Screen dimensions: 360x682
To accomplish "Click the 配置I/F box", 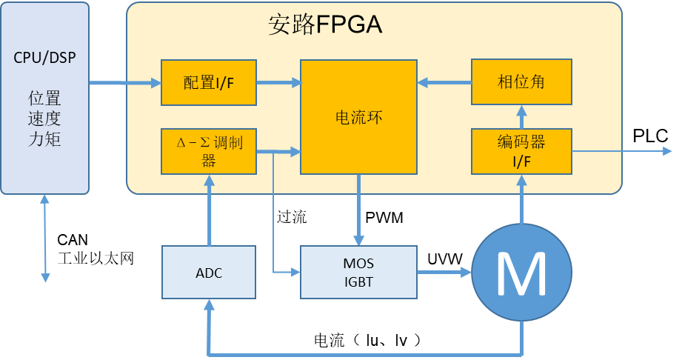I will tap(209, 81).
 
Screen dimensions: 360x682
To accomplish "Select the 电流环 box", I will tap(358, 116).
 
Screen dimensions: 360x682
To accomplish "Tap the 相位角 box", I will tap(521, 81).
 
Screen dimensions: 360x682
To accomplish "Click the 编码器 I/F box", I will tap(521, 151).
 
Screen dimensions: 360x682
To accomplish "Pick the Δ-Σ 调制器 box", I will tap(209, 151).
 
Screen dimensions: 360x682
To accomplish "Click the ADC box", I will tap(209, 273).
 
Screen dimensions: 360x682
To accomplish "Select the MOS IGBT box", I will tap(358, 273).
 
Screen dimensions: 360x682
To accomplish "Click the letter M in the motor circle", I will tap(521, 274).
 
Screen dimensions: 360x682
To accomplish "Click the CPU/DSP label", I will tap(44, 58).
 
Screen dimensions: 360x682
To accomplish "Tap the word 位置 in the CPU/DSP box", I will tap(44, 99).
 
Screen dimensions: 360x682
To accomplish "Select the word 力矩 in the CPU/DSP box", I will tap(44, 139).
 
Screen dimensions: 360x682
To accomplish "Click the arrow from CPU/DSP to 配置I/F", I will tap(124, 81).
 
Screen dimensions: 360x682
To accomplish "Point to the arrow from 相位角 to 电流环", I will tap(444, 81).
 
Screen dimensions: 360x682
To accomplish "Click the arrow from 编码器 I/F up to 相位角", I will tap(521, 116).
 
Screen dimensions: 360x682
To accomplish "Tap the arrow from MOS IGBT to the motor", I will tap(444, 273).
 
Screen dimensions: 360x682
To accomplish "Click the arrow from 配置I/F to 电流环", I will tap(278, 81).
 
